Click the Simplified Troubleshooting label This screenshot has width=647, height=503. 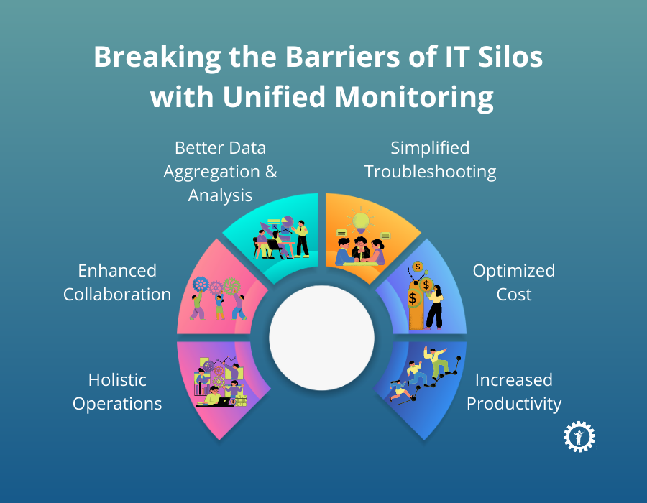(430, 160)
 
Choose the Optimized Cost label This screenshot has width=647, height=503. (513, 282)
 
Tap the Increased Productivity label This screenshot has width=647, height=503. (513, 392)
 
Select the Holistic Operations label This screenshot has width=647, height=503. (117, 392)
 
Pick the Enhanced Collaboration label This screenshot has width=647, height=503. (117, 282)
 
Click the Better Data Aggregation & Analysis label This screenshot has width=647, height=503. (220, 172)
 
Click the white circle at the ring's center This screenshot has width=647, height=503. (322, 338)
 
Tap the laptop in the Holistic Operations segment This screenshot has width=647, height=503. (220, 401)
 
